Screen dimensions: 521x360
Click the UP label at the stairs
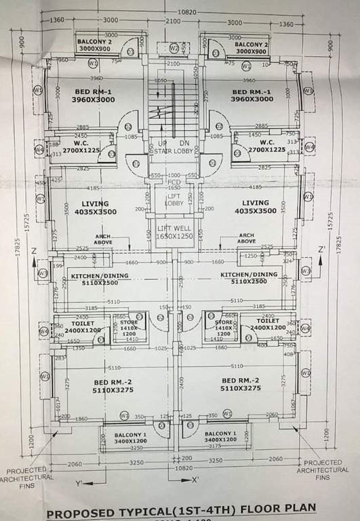pyautogui.click(x=163, y=144)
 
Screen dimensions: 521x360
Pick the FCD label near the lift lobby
pyautogui.click(x=174, y=182)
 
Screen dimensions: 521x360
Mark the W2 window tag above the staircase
pyautogui.click(x=174, y=48)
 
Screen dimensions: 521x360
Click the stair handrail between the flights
pyautogui.click(x=174, y=109)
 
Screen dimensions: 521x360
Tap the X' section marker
pyautogui.click(x=195, y=480)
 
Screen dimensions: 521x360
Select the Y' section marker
pyautogui.click(x=79, y=482)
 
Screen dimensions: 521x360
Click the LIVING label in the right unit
pyautogui.click(x=255, y=203)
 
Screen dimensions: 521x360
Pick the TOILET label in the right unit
pyautogui.click(x=268, y=321)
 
